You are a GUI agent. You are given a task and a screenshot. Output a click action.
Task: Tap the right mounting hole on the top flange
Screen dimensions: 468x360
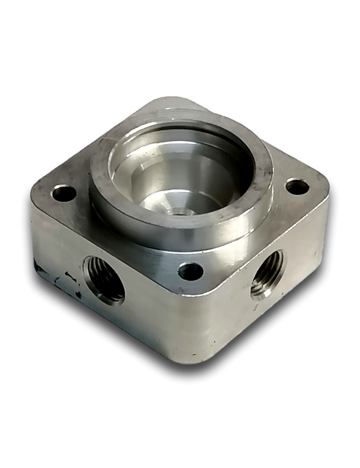coord(297,186)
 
